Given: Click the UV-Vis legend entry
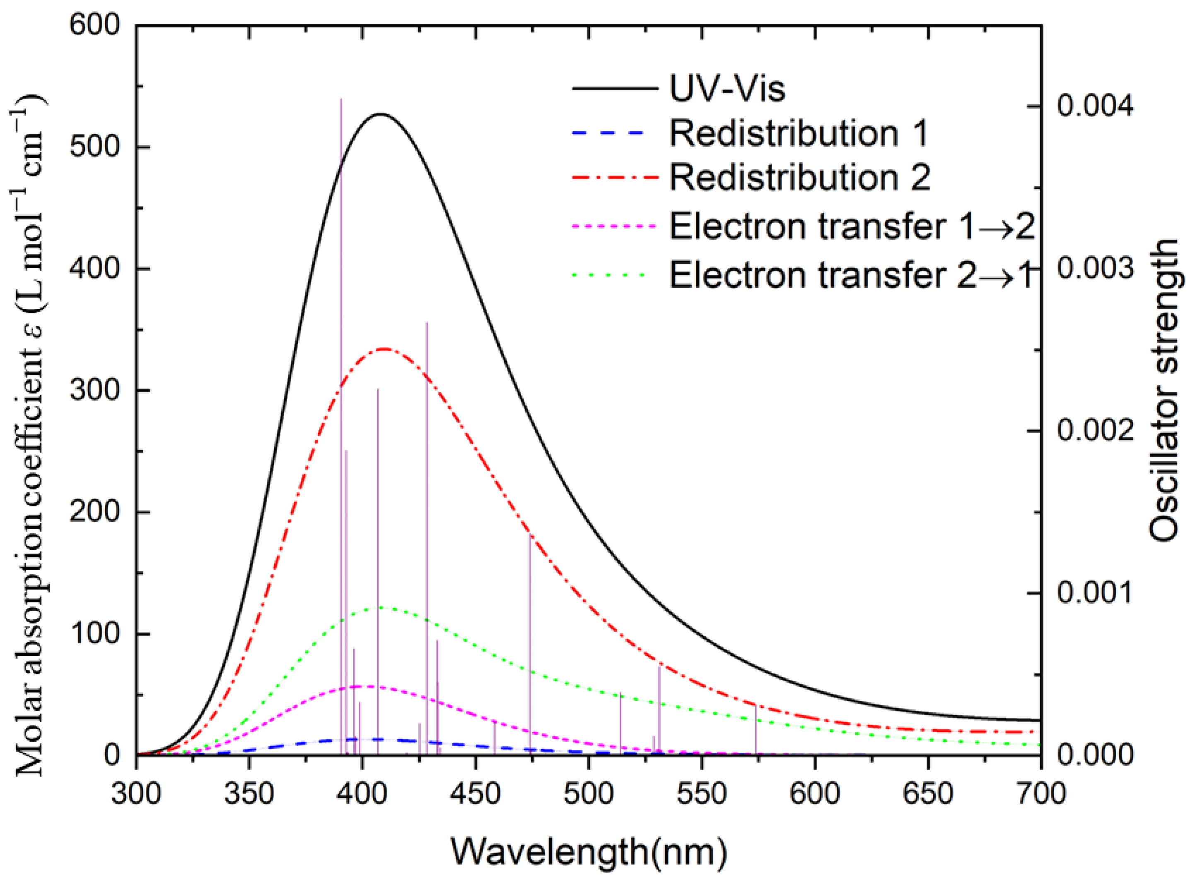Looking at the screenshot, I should point(727,89).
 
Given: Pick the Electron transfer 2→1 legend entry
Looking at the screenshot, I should point(850,275).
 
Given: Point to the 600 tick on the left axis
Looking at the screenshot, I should point(94,25).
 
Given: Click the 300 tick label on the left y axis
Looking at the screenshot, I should point(94,390).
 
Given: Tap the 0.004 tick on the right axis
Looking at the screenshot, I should point(1095,106).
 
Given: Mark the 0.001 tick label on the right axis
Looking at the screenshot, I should point(1095,592).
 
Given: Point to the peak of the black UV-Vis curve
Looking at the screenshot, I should point(381,114).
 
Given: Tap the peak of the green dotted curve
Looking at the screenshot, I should point(381,608).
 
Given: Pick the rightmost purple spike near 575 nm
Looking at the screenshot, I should point(755,730).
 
